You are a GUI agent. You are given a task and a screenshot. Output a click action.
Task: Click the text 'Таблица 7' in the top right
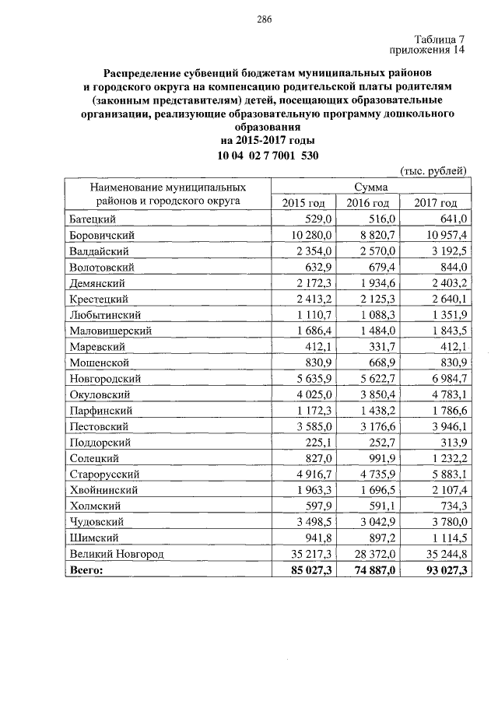pos(439,39)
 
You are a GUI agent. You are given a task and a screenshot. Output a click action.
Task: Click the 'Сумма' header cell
pos(370,187)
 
